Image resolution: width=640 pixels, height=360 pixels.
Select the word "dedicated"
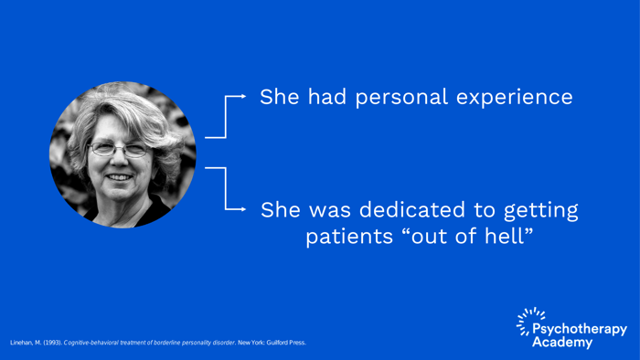pos(398,210)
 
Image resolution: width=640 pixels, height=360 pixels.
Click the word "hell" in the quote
pos(506,237)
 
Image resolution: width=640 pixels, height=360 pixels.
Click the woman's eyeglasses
pos(118,148)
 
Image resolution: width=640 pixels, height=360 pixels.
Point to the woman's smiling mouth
pos(119,176)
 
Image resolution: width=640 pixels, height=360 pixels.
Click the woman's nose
pos(119,162)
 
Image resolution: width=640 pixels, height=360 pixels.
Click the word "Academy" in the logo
pos(561,343)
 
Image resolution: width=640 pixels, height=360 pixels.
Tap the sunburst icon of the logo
pos(528,321)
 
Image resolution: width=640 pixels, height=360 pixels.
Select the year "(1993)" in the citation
pos(49,343)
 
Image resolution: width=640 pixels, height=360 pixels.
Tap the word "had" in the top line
pos(316,97)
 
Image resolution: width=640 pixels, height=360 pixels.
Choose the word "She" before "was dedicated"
pos(281,210)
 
